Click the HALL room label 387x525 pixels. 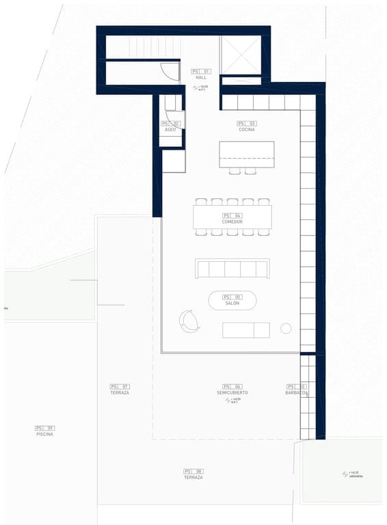point(201,77)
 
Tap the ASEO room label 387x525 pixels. point(170,129)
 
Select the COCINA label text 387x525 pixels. point(247,129)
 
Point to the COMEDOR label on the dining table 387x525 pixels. point(232,221)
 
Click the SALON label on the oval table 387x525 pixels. point(232,303)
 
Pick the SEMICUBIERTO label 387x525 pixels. point(232,392)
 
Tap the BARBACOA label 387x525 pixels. point(297,393)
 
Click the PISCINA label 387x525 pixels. point(45,433)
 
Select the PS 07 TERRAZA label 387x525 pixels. point(120,392)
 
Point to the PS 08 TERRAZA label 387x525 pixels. point(193,477)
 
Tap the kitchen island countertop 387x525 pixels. point(246,154)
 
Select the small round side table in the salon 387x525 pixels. point(286,329)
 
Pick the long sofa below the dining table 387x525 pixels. point(232,269)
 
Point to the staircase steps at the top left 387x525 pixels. point(144,47)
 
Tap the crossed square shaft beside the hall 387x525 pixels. point(240,55)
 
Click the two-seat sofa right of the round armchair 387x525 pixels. point(246,330)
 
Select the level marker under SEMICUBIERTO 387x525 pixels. point(232,401)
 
